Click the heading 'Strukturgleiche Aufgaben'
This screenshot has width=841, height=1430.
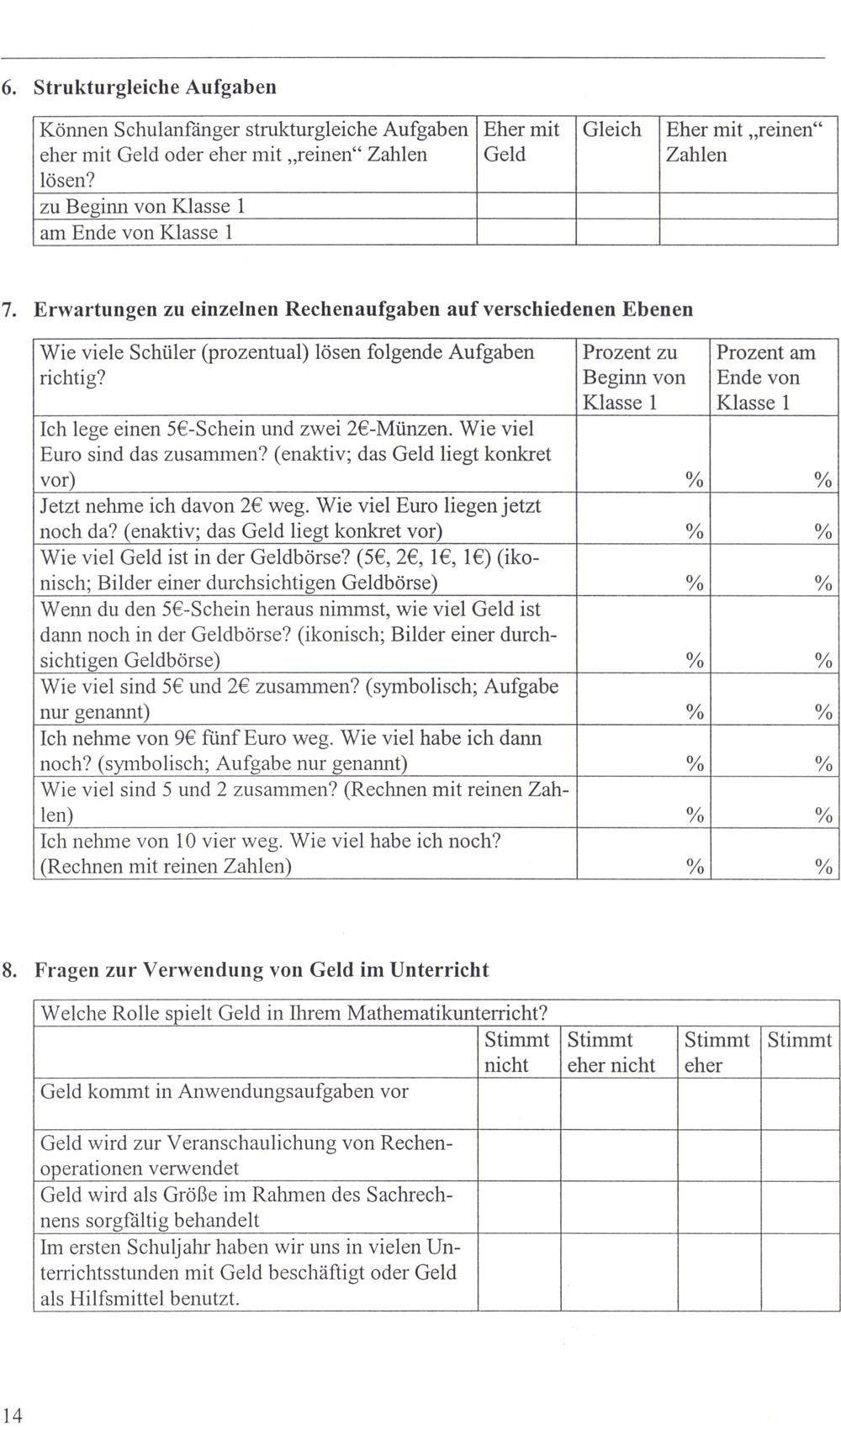click(155, 87)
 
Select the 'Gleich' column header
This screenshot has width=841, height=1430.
click(611, 129)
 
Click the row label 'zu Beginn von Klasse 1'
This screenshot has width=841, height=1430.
click(142, 207)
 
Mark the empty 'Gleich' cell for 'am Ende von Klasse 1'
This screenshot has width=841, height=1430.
click(617, 232)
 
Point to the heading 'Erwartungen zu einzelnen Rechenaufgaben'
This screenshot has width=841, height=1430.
click(363, 309)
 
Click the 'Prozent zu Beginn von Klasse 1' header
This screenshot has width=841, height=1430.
click(633, 377)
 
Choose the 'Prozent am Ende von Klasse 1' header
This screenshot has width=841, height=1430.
click(765, 377)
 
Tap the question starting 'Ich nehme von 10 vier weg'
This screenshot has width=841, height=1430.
click(271, 853)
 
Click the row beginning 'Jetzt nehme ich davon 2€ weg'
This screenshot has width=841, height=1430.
click(290, 518)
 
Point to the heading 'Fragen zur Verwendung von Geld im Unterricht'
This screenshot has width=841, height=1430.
click(261, 969)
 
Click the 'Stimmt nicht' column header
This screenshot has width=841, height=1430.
click(517, 1053)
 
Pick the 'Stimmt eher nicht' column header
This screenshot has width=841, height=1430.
click(611, 1053)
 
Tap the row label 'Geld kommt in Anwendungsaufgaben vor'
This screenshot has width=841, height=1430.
click(225, 1091)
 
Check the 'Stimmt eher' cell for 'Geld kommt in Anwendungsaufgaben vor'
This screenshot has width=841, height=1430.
click(719, 1103)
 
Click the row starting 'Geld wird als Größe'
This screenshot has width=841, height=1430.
click(246, 1207)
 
